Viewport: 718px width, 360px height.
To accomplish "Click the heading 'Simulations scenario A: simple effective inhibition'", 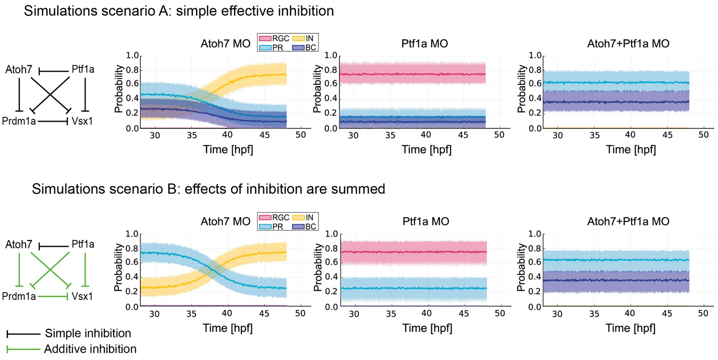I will (179, 11).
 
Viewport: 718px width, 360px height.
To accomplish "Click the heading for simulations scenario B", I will (209, 189).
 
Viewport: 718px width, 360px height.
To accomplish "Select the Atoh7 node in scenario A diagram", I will (19, 69).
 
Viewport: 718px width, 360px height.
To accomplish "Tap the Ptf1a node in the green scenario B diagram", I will (82, 244).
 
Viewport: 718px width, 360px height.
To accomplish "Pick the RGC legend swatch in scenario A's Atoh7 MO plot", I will (265, 39).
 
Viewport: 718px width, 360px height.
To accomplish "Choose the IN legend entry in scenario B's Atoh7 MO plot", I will (303, 217).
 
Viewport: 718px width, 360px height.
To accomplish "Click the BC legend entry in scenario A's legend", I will (303, 47).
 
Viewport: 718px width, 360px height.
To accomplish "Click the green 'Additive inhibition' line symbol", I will (23, 349).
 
